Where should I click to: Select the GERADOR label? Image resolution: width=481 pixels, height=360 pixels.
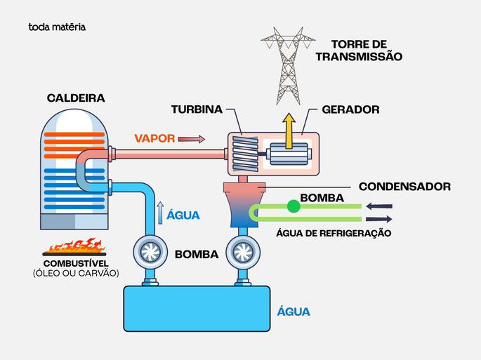coord(350,110)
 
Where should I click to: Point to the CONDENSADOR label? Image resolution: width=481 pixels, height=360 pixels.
coord(404,187)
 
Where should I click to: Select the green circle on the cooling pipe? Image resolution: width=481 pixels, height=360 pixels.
coord(293,206)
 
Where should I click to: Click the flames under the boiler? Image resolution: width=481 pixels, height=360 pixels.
coord(75,247)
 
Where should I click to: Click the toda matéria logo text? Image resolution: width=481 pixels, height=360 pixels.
coord(57,27)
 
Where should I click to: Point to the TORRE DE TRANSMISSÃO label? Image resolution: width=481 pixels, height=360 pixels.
coord(359,50)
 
